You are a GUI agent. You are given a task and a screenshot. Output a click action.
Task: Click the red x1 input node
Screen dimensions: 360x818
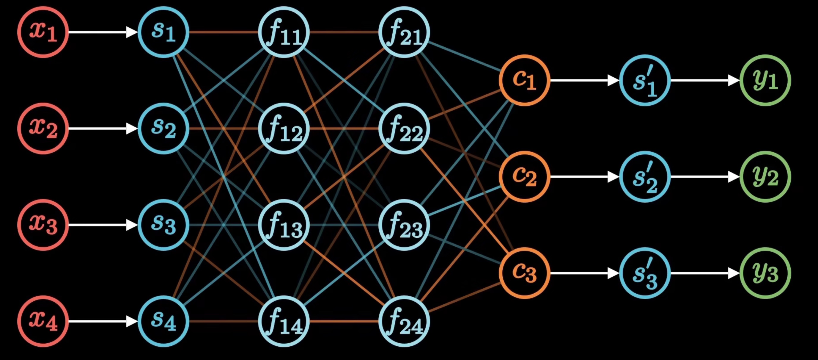[43, 32]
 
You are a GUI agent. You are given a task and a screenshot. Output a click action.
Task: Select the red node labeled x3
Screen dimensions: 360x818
[43, 225]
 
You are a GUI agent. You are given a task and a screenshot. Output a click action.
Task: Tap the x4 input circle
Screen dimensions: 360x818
[43, 321]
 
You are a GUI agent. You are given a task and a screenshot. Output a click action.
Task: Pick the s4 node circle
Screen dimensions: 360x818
[163, 321]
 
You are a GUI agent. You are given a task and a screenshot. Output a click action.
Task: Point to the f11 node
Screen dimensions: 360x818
[284, 32]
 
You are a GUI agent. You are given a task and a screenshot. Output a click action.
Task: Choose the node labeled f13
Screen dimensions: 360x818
[284, 225]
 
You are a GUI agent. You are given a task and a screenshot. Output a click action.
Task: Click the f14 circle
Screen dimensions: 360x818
[284, 321]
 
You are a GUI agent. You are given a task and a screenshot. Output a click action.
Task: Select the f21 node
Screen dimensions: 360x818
[404, 32]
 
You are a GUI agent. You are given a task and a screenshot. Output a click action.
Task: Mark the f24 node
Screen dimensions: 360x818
[404, 321]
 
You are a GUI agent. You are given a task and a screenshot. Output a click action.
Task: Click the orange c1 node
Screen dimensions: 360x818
[525, 80]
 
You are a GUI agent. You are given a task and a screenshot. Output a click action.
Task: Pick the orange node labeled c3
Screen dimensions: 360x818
[525, 273]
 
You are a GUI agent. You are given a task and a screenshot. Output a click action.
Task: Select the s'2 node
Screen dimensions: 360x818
[645, 177]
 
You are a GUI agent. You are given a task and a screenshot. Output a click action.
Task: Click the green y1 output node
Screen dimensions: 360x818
[765, 80]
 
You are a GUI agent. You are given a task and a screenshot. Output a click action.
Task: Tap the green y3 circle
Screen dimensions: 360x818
[765, 273]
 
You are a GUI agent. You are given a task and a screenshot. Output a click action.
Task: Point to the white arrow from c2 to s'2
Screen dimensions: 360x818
[584, 177]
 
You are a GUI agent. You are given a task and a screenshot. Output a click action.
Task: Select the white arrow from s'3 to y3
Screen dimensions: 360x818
[705, 273]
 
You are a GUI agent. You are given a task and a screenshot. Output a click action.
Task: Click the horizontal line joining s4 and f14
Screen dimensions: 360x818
[224, 321]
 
